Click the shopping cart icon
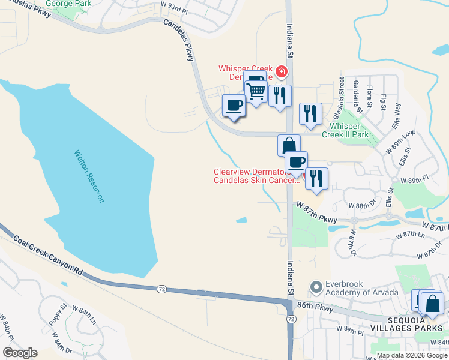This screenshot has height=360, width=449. click(x=256, y=92)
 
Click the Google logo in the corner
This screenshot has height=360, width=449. click(x=20, y=353)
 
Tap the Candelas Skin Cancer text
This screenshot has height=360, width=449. click(x=255, y=180)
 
